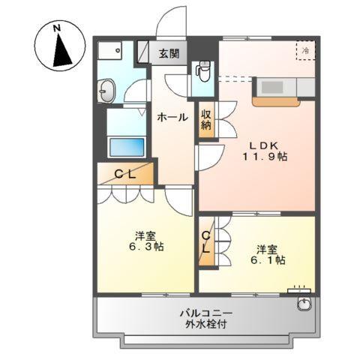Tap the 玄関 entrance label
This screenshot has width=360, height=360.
click(x=169, y=53)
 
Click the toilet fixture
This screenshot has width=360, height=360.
click(x=202, y=72)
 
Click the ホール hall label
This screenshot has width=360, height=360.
click(x=172, y=117)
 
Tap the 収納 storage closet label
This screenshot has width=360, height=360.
click(x=205, y=121)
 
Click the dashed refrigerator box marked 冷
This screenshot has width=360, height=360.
click(x=306, y=50)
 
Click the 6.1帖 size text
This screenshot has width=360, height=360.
click(x=268, y=259)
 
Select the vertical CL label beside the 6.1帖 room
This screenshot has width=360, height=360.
click(x=205, y=242)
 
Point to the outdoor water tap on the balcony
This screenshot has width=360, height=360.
click(x=304, y=303)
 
